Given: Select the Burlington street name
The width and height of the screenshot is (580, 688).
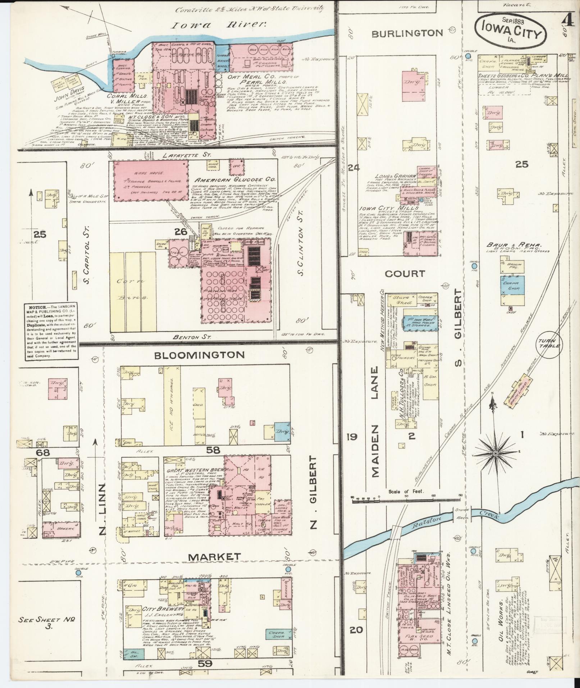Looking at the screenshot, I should pyautogui.click(x=407, y=33).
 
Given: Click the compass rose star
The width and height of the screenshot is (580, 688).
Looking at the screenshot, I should pyautogui.click(x=495, y=454).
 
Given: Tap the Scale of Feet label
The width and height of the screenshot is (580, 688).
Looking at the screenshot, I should pyautogui.click(x=407, y=491).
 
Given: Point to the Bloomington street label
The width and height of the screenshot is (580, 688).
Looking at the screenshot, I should pyautogui.click(x=199, y=355).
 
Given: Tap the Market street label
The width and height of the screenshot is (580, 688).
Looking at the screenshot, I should pyautogui.click(x=215, y=567).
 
